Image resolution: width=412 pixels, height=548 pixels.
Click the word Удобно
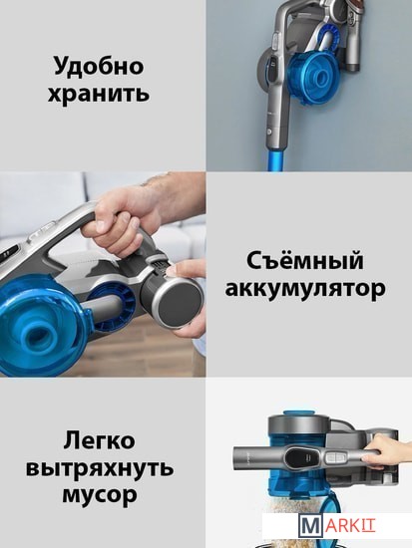click(99, 66)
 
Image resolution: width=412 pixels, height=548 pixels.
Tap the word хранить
click(99, 94)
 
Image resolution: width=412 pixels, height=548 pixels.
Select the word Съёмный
click(305, 261)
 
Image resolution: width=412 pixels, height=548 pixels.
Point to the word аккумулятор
click(305, 289)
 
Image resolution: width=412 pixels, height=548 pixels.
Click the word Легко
click(99, 440)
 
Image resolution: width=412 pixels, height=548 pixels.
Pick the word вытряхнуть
click(100, 467)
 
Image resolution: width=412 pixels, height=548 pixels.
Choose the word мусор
click(100, 495)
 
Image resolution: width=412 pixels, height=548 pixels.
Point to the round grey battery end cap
click(181, 300)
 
